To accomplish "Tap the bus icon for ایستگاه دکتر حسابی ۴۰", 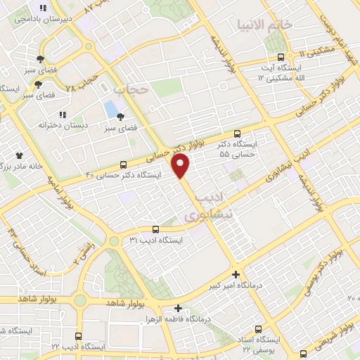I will pos(124,165).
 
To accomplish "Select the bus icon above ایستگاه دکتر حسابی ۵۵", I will pos(237,133).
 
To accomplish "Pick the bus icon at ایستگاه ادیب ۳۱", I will pos(155,229).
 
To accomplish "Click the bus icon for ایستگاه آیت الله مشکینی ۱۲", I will pos(281,57).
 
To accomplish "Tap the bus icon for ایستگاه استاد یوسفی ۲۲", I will pos(259,328).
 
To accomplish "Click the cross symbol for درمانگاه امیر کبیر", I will pos(236,275).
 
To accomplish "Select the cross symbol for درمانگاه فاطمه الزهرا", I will pos(179,308).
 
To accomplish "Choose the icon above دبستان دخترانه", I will pos(62,114).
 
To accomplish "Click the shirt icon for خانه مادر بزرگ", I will pos(20,155).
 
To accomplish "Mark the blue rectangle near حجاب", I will pos(111,109).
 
